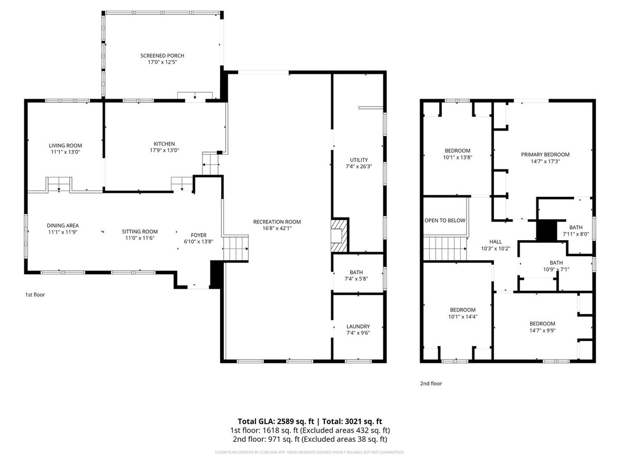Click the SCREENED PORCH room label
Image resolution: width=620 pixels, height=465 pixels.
pos(162,56)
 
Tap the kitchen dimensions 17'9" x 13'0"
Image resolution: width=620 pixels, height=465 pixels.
pos(164,150)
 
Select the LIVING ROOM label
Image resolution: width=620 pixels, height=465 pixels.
pos(65,145)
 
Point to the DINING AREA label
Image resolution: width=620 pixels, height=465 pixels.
pos(63,225)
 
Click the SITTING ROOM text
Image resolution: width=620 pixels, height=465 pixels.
pos(140,231)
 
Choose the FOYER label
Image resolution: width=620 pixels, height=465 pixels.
pos(198,235)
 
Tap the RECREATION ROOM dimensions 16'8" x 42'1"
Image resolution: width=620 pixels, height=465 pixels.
pos(277,228)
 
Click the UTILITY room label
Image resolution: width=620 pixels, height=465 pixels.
pos(359,160)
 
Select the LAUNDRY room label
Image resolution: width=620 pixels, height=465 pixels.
pos(358,327)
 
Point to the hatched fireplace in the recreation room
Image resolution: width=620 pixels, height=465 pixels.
pos(340,236)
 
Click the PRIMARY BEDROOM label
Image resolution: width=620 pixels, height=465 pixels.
pos(545,154)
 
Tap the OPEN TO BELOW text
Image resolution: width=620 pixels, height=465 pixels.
pos(445,220)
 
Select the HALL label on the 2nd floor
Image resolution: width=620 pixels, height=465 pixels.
pos(495,242)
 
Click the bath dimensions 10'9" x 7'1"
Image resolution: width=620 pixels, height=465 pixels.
pos(556,269)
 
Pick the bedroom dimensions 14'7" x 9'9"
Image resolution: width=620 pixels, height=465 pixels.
pos(542,330)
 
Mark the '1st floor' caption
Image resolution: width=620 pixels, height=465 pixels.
pos(35,295)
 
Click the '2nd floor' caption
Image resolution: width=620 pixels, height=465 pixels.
pos(431,383)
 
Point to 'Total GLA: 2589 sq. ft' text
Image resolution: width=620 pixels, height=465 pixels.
pos(276,422)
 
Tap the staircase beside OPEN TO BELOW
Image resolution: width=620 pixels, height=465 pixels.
pos(445,249)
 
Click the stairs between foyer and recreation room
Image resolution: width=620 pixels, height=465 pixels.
pos(236,249)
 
